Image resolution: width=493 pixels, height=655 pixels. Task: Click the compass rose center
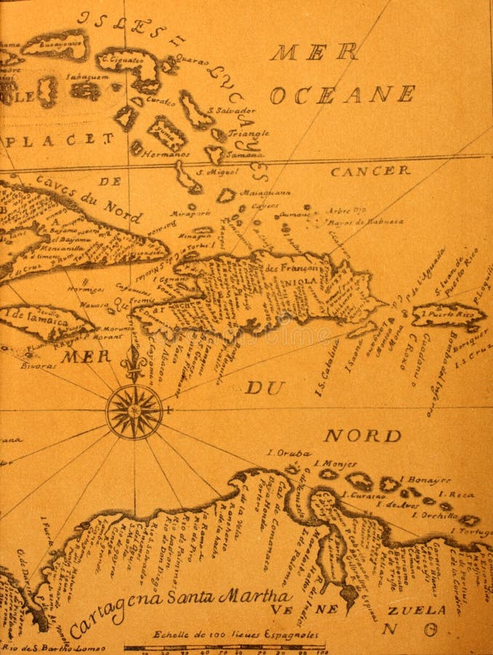[135, 412]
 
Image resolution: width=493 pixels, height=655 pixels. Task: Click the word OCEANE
[342, 95]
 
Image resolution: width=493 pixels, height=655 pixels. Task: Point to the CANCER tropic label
[370, 171]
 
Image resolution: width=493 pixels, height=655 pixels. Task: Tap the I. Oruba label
[289, 452]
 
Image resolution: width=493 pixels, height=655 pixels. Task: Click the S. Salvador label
[231, 111]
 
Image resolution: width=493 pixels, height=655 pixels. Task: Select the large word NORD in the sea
[361, 436]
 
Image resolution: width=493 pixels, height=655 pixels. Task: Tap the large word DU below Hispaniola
[264, 388]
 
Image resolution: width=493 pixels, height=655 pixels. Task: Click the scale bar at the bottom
[223, 646]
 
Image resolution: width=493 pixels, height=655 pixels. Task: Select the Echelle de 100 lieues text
[225, 634]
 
